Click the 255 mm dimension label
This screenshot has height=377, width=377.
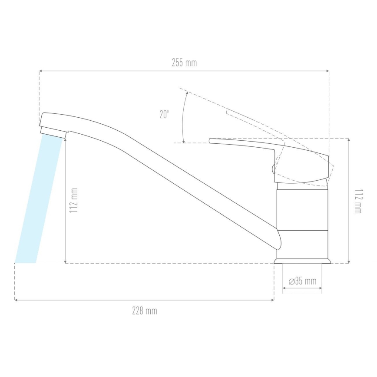tap(184, 63)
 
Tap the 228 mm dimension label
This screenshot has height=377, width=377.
tap(145, 311)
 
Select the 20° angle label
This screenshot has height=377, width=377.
tap(164, 115)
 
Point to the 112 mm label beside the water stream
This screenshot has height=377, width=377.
tap(74, 200)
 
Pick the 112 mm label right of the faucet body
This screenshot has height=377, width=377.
tap(357, 201)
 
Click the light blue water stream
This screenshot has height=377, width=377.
tap(39, 200)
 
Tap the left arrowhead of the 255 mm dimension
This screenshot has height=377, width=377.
tap(41, 71)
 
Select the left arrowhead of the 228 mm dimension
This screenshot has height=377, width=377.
tap(17, 300)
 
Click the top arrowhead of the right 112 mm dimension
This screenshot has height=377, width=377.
tap(349, 140)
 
